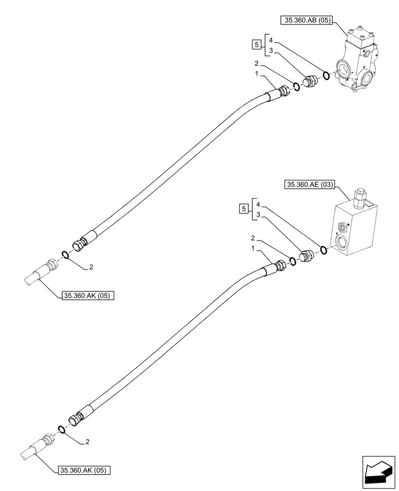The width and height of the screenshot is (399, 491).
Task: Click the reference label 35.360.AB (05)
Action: (306, 20)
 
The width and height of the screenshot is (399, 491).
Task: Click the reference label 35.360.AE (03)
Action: (309, 185)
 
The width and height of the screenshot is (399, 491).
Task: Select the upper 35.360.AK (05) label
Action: (88, 296)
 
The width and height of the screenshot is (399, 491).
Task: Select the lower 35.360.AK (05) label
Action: (85, 470)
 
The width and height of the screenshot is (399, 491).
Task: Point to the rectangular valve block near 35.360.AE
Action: (354, 226)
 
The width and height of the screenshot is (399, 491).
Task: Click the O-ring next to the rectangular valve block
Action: (323, 251)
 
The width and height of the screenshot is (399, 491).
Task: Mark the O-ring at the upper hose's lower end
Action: (64, 254)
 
